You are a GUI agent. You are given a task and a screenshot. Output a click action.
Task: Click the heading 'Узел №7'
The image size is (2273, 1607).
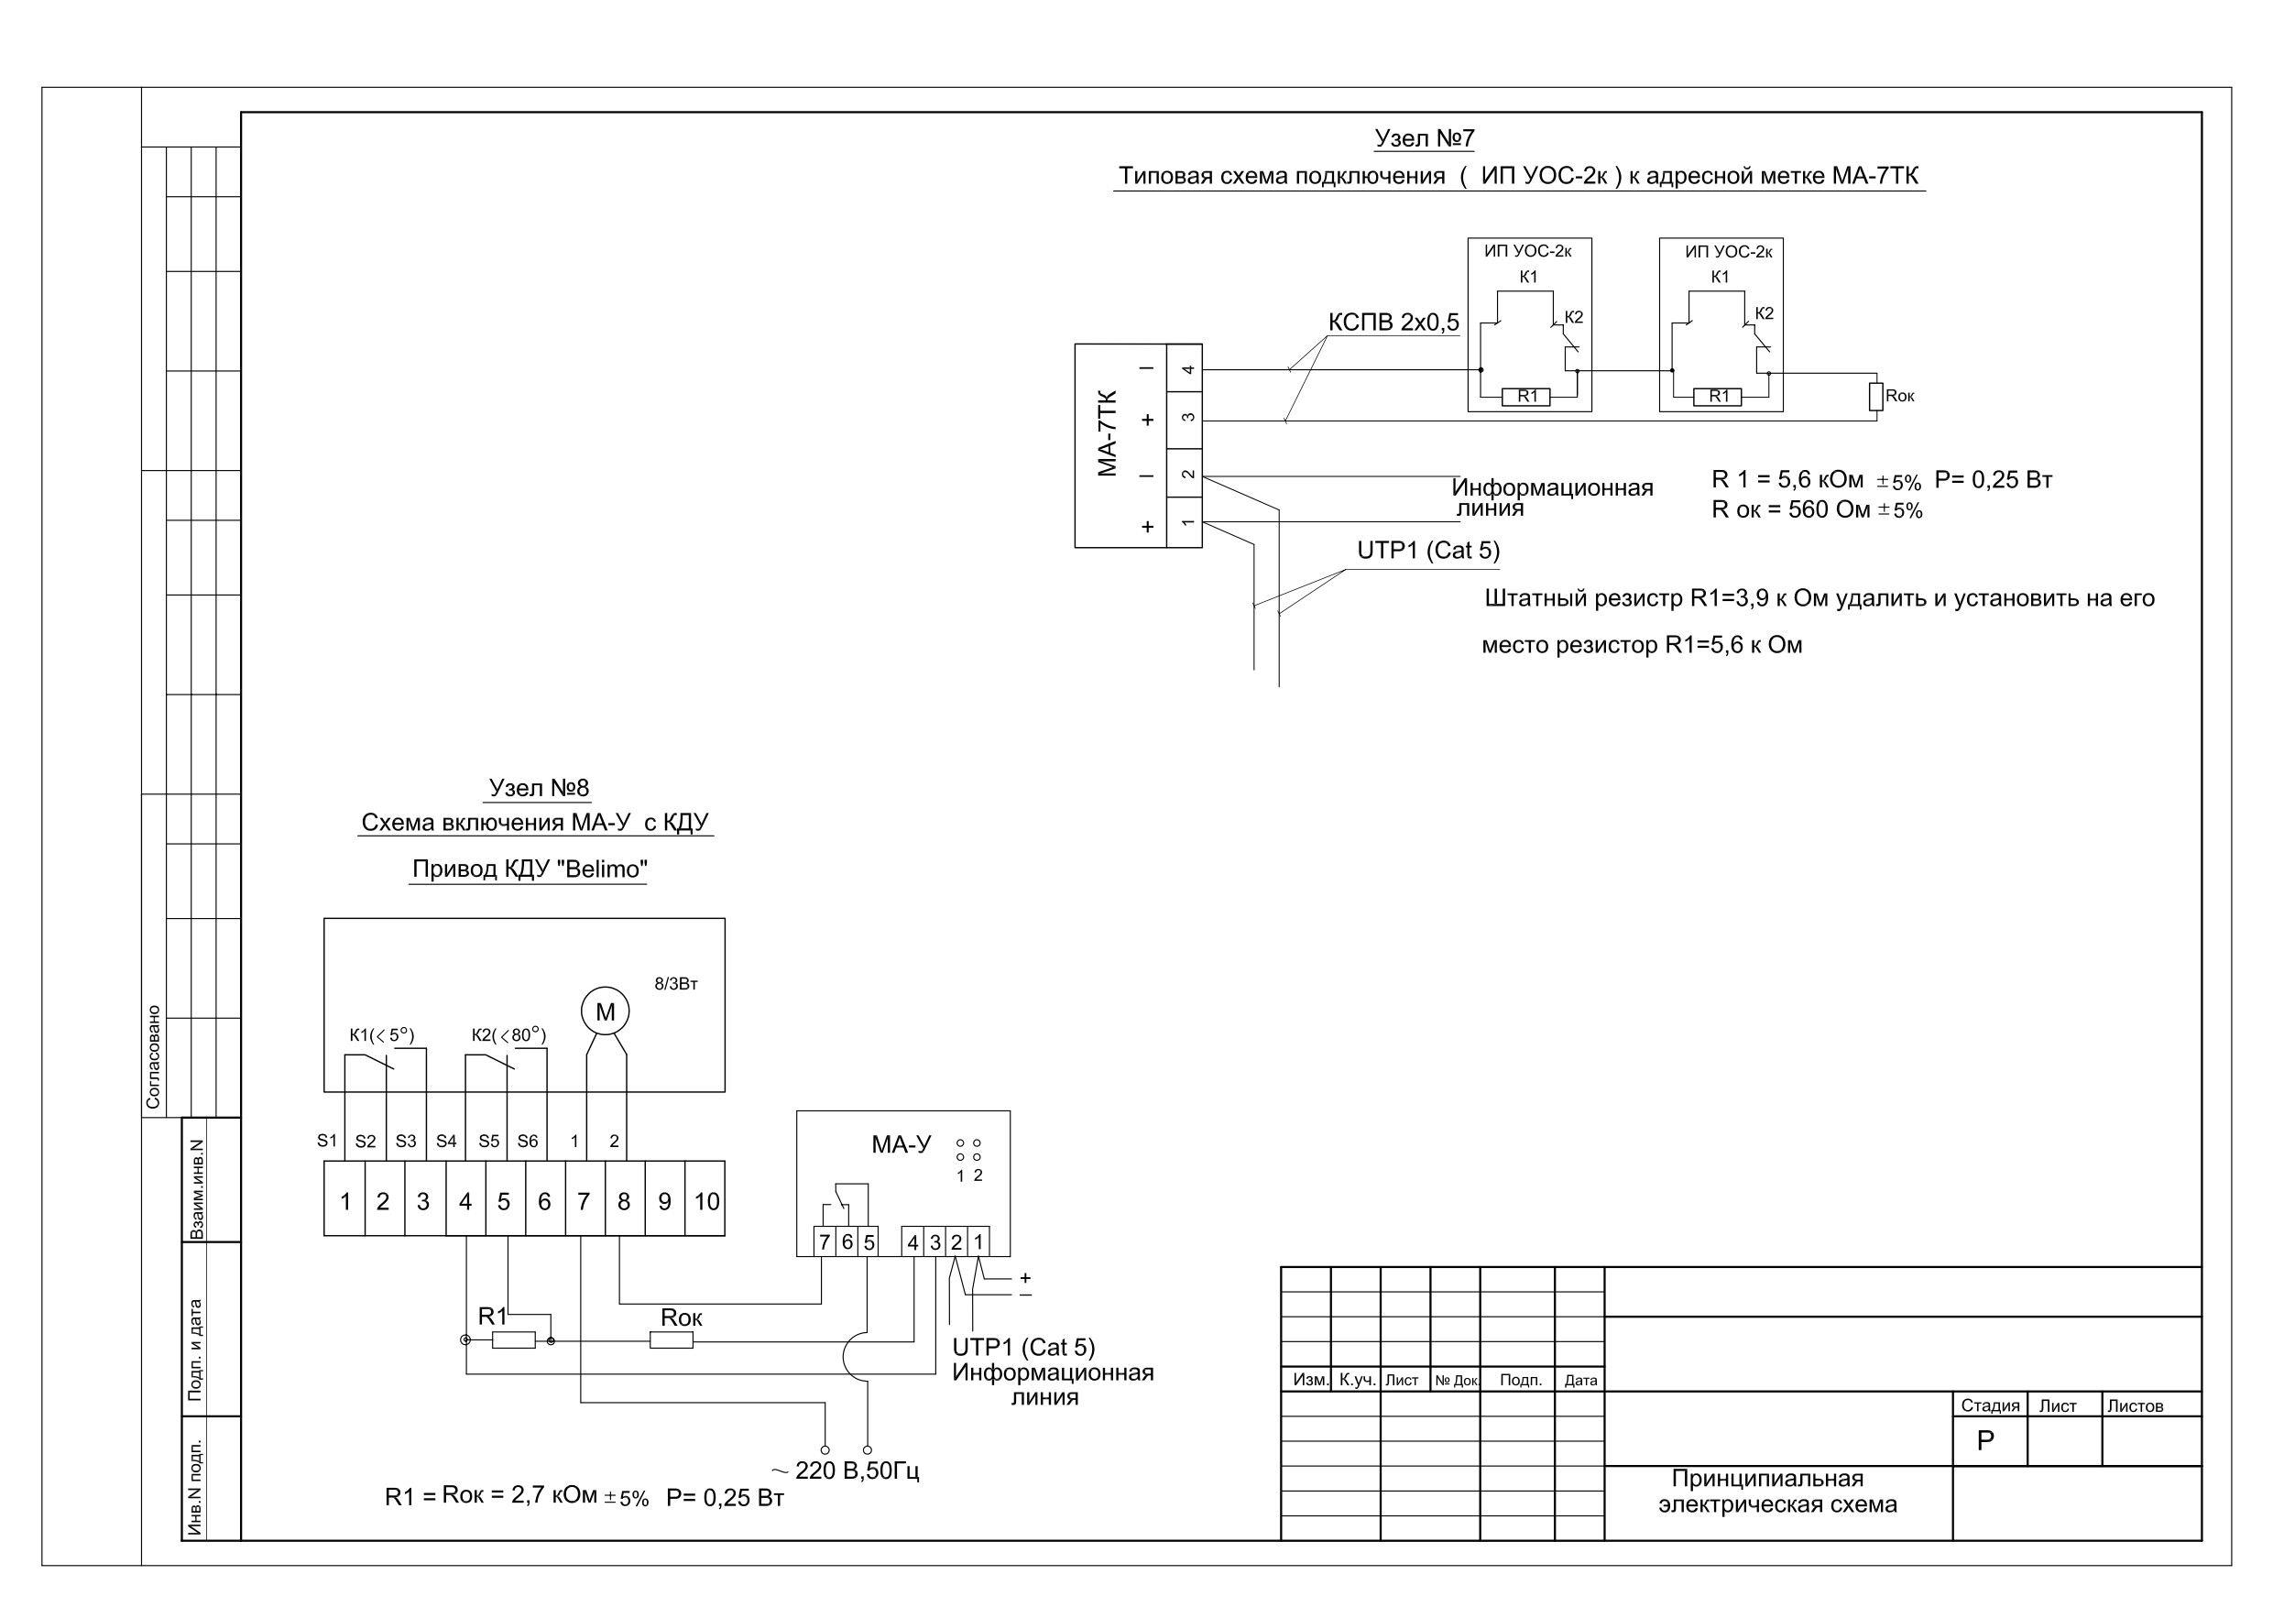1425,138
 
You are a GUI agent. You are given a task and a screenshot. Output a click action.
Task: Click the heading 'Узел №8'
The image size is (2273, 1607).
539,788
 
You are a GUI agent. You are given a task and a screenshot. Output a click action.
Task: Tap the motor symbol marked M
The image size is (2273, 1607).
605,1011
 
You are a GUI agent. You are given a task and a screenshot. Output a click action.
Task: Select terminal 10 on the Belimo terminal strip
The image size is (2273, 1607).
705,1201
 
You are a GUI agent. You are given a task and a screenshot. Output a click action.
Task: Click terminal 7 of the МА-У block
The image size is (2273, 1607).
825,1241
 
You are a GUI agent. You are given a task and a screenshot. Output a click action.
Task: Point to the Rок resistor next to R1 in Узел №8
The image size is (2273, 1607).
672,1339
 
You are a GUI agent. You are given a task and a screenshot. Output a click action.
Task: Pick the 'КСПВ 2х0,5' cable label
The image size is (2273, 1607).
1393,322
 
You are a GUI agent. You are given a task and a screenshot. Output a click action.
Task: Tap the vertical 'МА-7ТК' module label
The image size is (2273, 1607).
1108,433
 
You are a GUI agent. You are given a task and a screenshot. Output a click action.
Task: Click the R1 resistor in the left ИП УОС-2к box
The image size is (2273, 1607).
1527,396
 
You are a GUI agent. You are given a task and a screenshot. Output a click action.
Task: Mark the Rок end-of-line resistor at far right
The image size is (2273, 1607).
1876,396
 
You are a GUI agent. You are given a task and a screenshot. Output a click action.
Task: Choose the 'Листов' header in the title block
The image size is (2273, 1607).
2135,1406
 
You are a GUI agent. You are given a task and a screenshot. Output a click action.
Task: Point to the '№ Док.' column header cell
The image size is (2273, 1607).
1457,1381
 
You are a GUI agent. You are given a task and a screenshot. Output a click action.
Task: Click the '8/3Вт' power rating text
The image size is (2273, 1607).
676,984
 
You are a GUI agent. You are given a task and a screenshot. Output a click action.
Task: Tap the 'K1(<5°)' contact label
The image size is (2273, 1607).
382,1035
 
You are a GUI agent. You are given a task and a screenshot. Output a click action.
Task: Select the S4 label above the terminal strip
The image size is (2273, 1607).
446,1141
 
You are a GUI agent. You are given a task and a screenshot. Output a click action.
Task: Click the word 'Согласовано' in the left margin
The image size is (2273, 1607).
153,1057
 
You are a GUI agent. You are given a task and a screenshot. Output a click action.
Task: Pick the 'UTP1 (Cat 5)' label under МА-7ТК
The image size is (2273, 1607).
1428,551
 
